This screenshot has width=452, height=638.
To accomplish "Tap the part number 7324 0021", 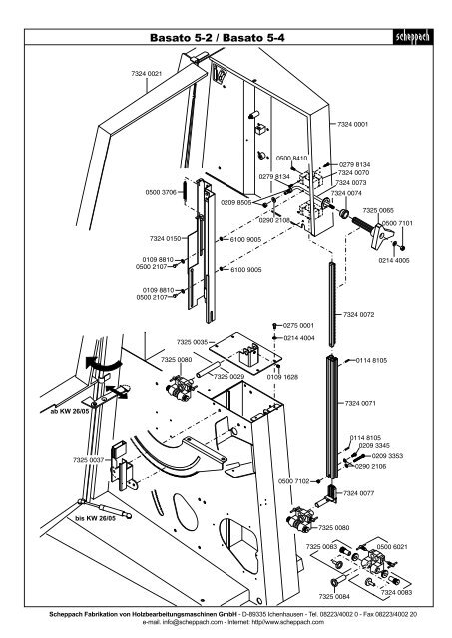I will click(146, 75).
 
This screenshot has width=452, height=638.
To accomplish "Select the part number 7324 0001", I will click(353, 123).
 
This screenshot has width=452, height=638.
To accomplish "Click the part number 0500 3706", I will click(161, 191).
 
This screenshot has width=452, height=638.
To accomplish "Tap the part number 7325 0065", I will click(377, 210).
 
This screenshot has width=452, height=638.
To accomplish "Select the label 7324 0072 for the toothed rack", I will click(358, 315).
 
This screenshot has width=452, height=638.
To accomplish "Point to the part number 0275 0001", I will click(298, 325).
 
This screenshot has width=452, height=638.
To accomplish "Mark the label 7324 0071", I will click(358, 403).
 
